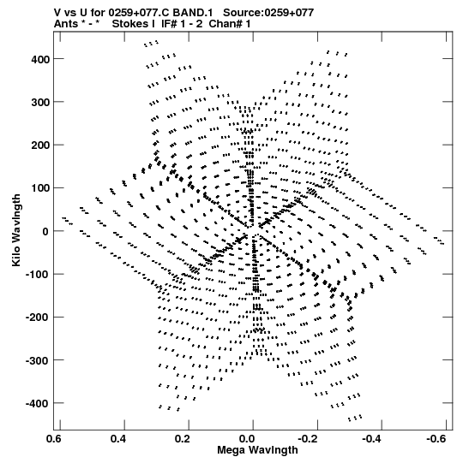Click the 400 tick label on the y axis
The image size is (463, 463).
point(40,59)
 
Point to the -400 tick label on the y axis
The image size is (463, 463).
point(38,403)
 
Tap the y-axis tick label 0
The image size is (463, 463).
point(45,231)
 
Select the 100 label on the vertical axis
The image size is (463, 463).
point(40,188)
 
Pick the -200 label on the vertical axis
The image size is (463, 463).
point(38,318)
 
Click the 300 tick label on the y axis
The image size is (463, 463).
point(40,103)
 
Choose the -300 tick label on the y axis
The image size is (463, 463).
point(38,360)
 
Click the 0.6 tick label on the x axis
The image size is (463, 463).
point(53,439)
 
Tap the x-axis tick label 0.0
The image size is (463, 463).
point(247,439)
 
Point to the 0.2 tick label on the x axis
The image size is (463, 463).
point(183,439)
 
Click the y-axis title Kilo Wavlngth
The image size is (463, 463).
point(16,230)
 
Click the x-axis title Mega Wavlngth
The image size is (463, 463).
point(257,450)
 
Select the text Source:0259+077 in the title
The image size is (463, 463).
point(268,13)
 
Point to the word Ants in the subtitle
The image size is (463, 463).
point(66,24)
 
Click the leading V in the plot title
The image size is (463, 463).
point(57,13)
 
